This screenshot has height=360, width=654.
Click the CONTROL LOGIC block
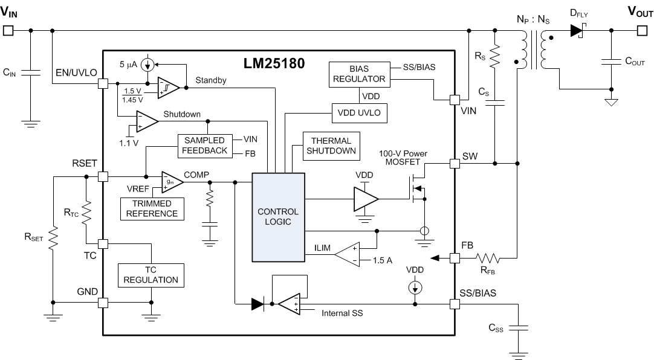(278, 217)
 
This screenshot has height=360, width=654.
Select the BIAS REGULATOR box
(359, 74)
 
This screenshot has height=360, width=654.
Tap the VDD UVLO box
(359, 113)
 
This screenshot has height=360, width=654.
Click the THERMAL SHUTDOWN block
(331, 146)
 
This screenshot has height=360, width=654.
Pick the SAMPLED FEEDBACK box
(204, 146)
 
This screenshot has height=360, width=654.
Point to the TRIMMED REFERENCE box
(152, 209)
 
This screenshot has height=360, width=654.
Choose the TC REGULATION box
(151, 275)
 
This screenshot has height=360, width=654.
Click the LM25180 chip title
(274, 63)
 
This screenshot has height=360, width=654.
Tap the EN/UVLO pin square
(103, 83)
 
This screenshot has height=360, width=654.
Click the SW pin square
(455, 163)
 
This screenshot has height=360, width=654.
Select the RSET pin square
(103, 176)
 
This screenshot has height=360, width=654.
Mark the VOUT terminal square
(643, 30)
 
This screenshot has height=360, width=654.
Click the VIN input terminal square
(8, 30)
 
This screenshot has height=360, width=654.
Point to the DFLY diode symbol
(578, 30)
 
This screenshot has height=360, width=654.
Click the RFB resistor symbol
(488, 259)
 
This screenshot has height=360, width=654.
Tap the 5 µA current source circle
(147, 65)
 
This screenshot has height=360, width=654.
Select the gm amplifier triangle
(172, 182)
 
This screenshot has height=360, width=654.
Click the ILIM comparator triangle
(348, 254)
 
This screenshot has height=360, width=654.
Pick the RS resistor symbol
(494, 56)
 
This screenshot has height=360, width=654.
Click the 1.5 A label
(383, 260)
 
